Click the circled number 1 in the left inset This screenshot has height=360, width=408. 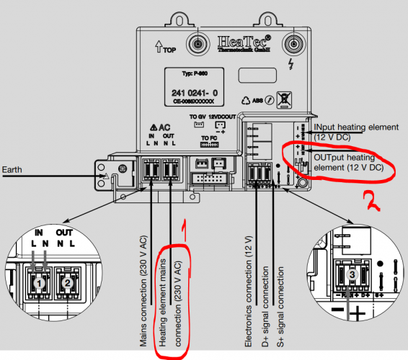[37, 283]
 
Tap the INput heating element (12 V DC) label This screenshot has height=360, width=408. [355, 132]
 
